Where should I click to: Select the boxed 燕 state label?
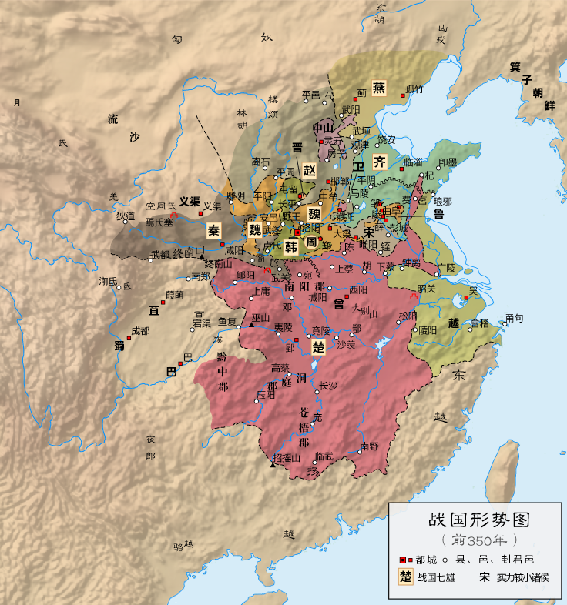coord(379,87)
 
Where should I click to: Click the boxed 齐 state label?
coord(379,162)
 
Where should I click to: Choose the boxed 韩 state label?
coord(291,247)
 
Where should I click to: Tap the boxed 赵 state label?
coord(309,170)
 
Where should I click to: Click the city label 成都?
coord(140,330)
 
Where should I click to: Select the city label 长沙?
coord(329,386)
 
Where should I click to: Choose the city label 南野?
coord(369,446)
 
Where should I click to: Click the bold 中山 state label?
coord(323,128)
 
